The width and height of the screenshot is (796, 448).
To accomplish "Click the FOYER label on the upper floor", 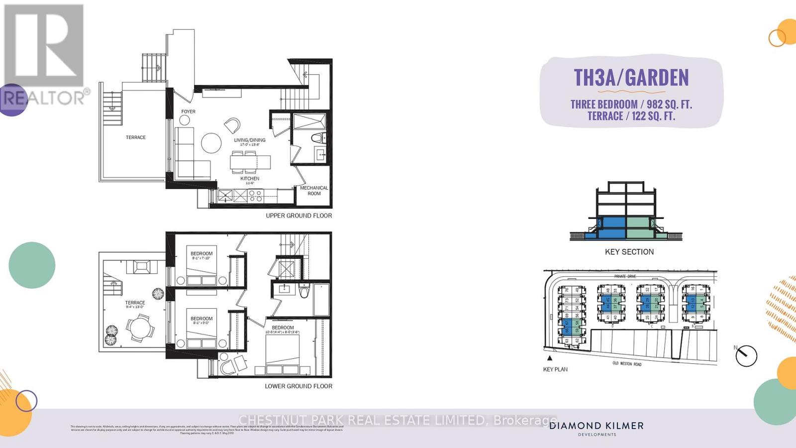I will pos(188,112).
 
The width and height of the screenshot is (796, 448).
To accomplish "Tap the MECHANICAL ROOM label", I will pos(314,191).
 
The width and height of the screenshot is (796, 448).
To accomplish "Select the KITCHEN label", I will pos(250,178).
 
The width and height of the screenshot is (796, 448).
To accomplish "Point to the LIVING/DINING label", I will pos(250,140).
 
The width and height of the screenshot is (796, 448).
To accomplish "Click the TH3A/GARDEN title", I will pos(631,78).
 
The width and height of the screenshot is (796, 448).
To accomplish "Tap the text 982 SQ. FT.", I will pos(669,105).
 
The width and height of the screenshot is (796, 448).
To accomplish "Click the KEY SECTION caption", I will pos(629,252).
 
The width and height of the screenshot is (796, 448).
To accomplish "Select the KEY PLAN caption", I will pos(555,369).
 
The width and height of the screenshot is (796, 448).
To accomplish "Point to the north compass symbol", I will pos(746,355).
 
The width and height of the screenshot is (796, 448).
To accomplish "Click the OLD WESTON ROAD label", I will pos(627,364).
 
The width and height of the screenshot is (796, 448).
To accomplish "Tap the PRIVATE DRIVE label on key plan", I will pos(625,276).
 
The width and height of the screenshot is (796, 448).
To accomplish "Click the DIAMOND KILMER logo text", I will pos(597,426).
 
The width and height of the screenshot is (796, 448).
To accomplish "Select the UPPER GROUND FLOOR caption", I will pos(298,216).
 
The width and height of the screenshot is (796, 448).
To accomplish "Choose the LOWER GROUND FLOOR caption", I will pos(298,386).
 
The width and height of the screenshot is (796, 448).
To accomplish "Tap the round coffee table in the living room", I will pos(211,143).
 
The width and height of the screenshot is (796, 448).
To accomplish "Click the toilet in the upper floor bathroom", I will pos(316,138).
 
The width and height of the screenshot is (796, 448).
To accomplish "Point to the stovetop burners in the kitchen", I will pos(255,196).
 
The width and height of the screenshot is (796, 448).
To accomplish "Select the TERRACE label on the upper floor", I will pos(135,137).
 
